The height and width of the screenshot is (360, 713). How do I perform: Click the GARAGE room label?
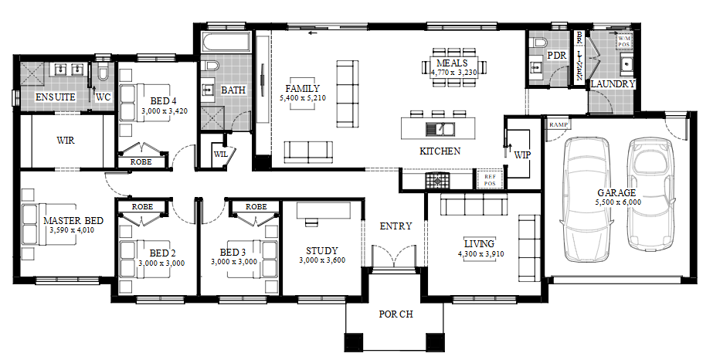click(x=616, y=193)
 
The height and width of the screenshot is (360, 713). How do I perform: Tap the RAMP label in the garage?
click(x=559, y=124)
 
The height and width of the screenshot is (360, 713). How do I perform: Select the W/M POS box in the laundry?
click(x=624, y=42)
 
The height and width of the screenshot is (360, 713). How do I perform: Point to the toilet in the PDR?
click(x=539, y=42)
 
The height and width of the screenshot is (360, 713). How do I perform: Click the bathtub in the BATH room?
click(x=226, y=43)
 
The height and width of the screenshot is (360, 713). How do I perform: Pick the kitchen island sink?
click(x=440, y=129)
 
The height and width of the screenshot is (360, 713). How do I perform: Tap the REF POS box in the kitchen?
click(x=489, y=179)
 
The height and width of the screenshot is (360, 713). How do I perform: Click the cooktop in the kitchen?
click(x=437, y=181)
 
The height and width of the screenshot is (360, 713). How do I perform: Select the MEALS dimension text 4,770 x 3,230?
click(x=453, y=73)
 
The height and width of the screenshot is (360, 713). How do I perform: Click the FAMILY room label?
click(x=302, y=88)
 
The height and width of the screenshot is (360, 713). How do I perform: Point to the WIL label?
click(x=220, y=154)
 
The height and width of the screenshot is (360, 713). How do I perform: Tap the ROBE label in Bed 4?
click(x=141, y=161)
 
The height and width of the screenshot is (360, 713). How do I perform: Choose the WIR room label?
click(x=66, y=141)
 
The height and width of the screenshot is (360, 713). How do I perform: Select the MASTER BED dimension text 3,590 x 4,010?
click(x=72, y=230)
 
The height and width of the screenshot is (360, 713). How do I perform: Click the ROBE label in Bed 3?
click(x=256, y=207)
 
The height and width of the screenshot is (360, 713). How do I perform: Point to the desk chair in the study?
click(x=312, y=222)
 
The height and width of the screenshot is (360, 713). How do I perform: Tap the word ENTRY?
click(x=396, y=226)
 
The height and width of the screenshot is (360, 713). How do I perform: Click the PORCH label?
click(x=396, y=314)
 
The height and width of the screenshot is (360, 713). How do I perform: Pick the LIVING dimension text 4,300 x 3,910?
click(x=480, y=254)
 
